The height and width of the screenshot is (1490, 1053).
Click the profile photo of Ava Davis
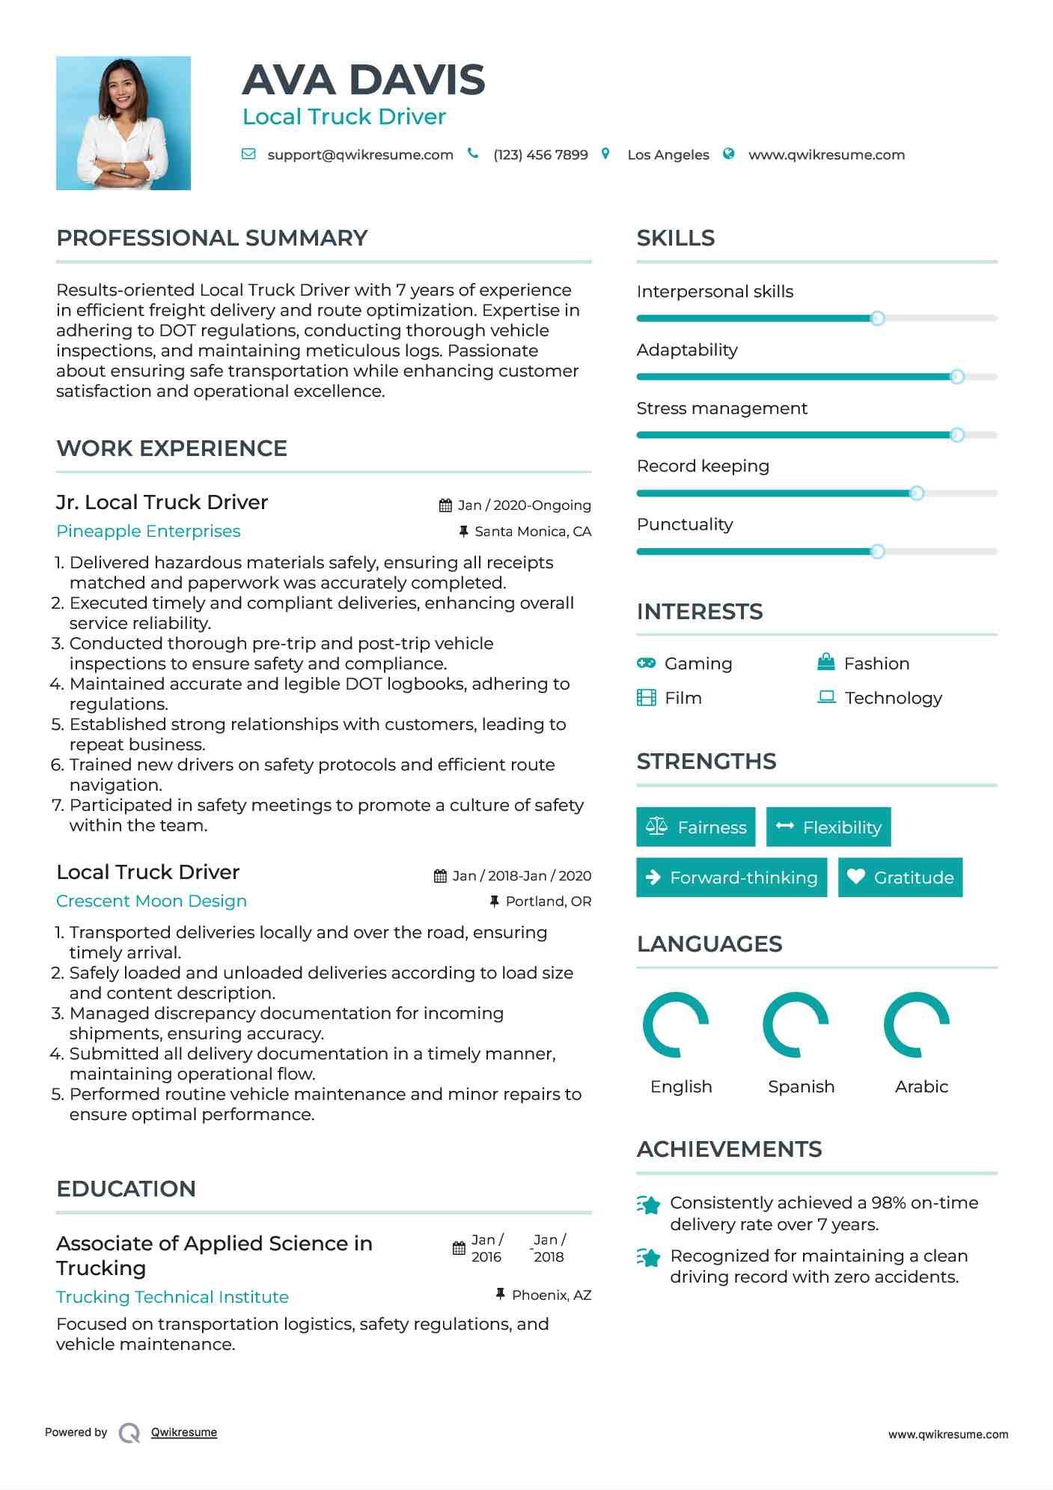pos(123,123)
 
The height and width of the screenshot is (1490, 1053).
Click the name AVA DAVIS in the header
pos(364,80)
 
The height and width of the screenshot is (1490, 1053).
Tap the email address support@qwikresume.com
pos(360,155)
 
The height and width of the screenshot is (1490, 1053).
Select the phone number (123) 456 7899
pos(540,155)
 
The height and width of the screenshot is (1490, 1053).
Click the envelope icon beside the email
pos(248,154)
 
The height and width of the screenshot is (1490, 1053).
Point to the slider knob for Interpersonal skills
pos(877,318)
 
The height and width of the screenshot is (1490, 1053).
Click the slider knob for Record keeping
pos(917,493)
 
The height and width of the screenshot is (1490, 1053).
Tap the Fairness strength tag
pos(696,827)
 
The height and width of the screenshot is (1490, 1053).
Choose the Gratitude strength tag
pos(900,878)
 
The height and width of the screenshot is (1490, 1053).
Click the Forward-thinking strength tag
pos(731,878)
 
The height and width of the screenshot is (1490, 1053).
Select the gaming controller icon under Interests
pos(646,663)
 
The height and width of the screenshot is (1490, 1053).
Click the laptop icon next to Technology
pos(826,697)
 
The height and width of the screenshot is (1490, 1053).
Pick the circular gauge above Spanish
pos(796,1025)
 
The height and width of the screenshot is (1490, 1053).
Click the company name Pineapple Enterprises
pos(148,532)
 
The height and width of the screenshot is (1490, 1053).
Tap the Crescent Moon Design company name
pos(151,901)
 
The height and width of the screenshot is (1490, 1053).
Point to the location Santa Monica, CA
pos(532,532)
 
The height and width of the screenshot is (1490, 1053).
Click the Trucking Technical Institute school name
pos(172,1297)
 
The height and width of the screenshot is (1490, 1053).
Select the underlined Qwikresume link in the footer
pos(184,1432)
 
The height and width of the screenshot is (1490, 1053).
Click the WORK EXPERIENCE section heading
pos(171,448)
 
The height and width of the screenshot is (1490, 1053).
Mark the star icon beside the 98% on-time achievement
pos(649,1205)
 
